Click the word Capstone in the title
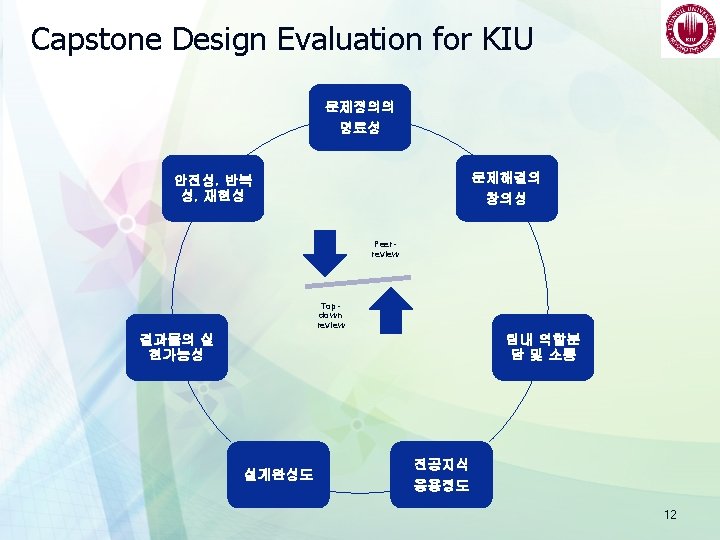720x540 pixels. point(96,39)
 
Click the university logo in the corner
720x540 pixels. point(687,31)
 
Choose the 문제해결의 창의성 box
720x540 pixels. point(506,188)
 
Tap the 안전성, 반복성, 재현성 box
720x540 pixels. point(213,188)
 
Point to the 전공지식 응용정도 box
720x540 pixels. point(441,475)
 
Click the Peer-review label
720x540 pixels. point(385,248)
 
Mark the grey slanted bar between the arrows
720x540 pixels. point(359,284)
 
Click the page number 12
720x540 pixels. point(670,515)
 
